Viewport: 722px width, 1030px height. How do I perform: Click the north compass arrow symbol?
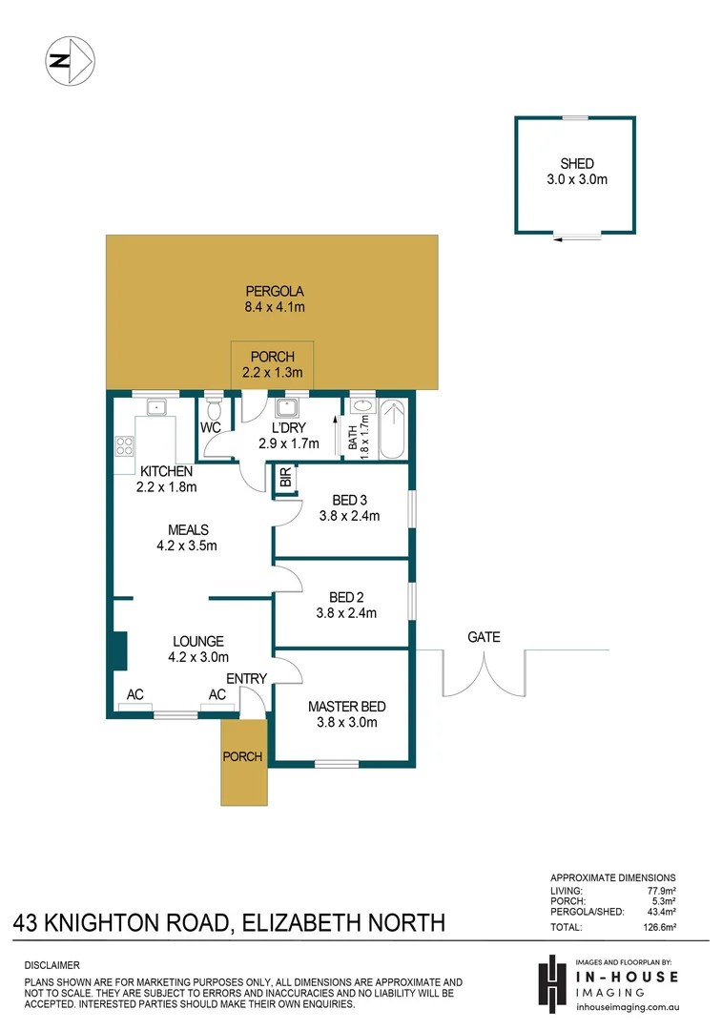(70, 61)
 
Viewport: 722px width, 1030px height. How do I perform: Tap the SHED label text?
(577, 164)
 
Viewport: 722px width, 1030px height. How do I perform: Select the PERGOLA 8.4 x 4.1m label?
(274, 299)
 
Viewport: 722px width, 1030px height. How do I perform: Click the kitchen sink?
(154, 409)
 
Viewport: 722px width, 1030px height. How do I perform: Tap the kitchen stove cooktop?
(124, 445)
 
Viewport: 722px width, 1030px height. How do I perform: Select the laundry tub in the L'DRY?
(285, 409)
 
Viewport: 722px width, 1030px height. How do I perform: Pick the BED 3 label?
(349, 501)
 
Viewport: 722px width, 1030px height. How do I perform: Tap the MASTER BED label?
(346, 707)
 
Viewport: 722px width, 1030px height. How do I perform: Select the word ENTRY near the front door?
(247, 678)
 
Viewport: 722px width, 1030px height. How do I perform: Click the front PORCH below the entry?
(243, 758)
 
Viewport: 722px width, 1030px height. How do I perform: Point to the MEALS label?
(188, 530)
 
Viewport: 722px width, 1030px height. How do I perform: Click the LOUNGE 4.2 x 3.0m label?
(197, 649)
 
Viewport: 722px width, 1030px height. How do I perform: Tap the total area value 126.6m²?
(660, 927)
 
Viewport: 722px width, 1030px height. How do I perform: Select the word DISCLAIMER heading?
(52, 965)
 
